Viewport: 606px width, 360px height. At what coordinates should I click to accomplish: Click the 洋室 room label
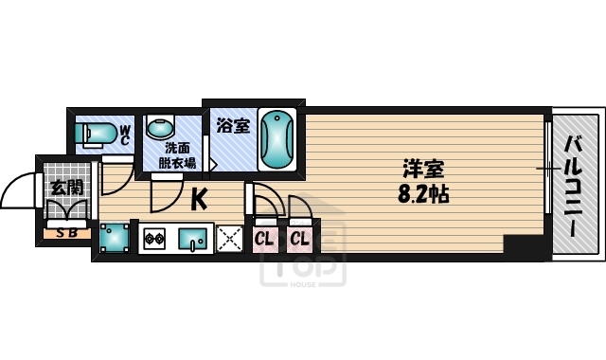422,171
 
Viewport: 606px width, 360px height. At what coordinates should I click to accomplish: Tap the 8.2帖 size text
422,195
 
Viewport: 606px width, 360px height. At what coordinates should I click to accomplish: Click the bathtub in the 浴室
277,140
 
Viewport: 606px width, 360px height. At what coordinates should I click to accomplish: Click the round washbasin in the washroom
160,128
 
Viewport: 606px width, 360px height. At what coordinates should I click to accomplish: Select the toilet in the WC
96,134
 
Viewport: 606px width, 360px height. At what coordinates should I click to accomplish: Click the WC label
124,134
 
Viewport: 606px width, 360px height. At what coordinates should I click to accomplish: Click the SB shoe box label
66,231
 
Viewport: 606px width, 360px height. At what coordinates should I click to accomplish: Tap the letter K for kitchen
200,199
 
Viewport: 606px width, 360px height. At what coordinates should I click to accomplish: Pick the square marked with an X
228,239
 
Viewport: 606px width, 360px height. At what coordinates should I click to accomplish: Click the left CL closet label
263,239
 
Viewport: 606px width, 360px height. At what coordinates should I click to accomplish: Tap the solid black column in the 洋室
526,246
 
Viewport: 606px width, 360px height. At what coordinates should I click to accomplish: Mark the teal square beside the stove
116,237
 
